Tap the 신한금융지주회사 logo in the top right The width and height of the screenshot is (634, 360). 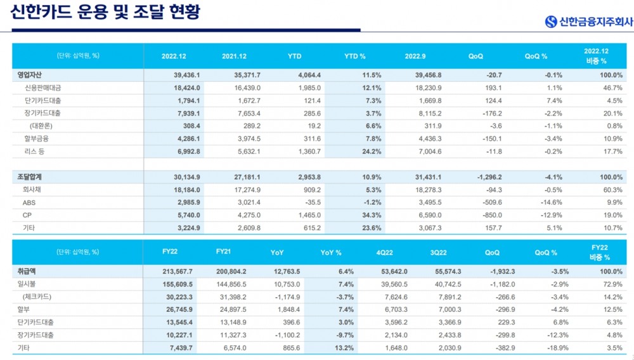(x=586, y=22)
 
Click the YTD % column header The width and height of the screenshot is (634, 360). (x=354, y=56)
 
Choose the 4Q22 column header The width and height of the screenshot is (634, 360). (x=385, y=252)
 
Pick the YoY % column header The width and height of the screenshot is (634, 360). (x=330, y=252)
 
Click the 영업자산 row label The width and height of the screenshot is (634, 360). (x=30, y=75)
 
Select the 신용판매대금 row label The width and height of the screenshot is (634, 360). (x=43, y=87)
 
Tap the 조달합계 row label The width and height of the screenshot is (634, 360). (x=30, y=177)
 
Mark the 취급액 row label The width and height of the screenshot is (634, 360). (x=27, y=271)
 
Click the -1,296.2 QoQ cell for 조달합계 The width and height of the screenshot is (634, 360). (x=487, y=177)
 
